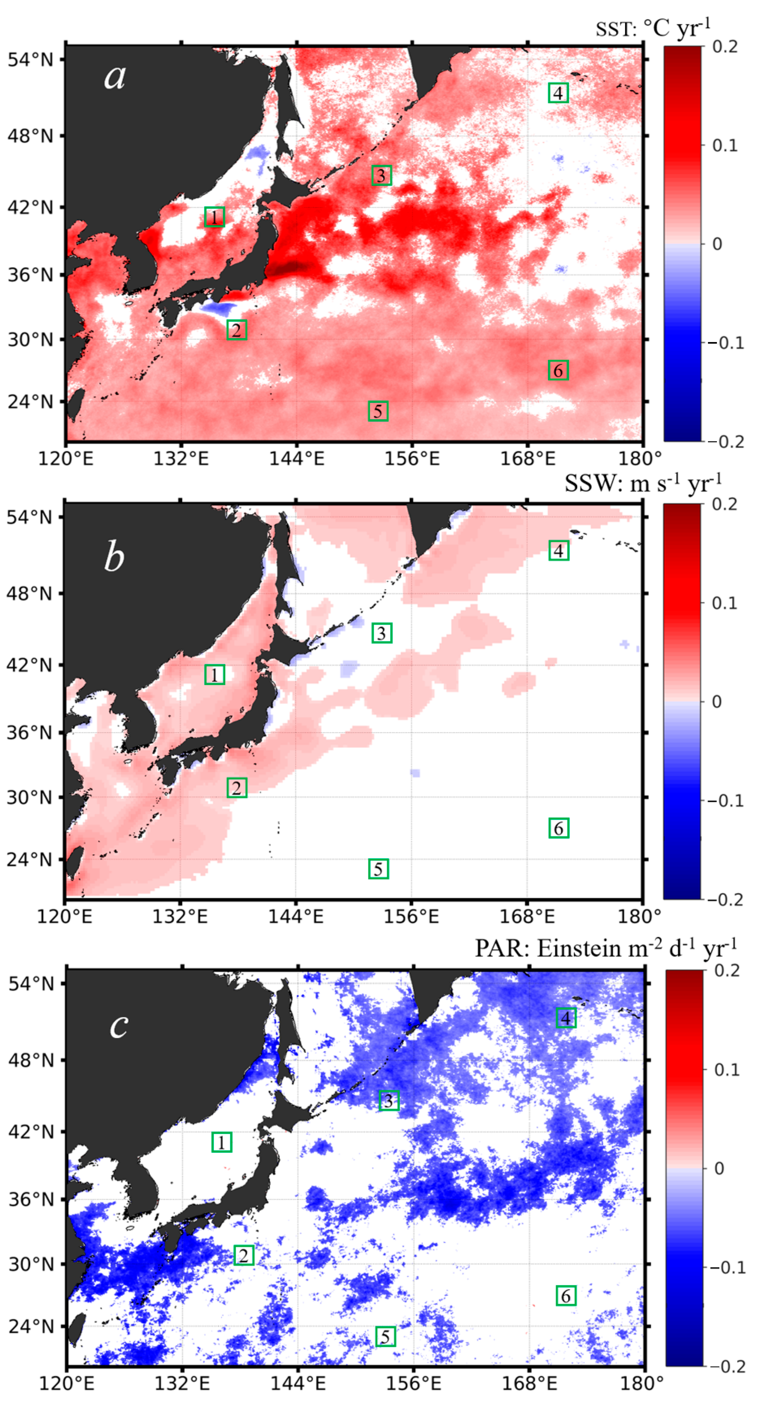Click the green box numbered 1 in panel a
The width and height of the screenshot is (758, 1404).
214,217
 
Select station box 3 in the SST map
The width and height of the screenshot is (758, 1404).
381,175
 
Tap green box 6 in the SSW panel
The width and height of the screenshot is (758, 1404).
559,828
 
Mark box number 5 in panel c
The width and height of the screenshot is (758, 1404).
385,1336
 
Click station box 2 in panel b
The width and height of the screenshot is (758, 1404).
237,788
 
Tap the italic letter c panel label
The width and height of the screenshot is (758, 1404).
119,1026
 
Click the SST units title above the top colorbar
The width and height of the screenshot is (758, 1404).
653,28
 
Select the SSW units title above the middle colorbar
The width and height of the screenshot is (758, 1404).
643,483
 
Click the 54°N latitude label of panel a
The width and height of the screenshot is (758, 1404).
31,59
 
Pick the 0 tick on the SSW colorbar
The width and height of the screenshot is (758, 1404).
717,701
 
